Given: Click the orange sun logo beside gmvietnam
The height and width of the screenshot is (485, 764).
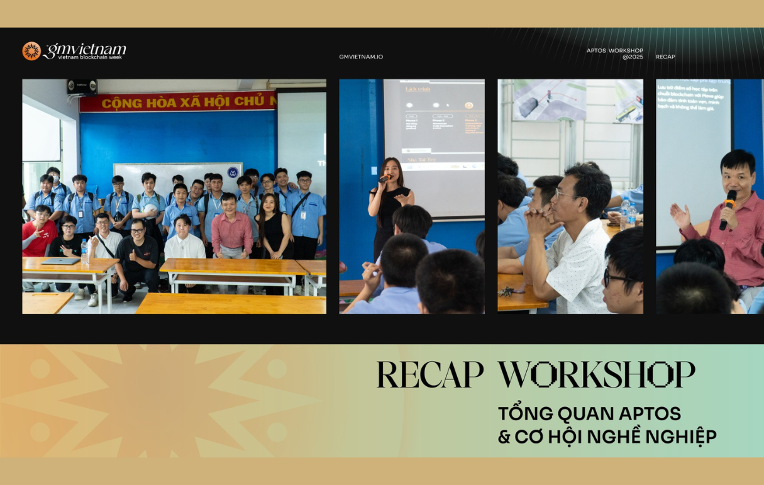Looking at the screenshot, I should click(x=31, y=51).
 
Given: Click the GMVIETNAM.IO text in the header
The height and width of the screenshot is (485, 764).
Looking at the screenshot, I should click(x=361, y=57).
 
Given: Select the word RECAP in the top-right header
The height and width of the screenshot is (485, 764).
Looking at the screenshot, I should click(x=665, y=57).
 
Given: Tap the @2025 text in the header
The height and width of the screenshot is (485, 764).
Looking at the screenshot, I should click(x=633, y=57).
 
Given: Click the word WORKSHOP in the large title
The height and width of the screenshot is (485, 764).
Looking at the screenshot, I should click(x=596, y=375).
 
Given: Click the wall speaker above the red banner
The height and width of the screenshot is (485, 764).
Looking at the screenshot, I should click(x=82, y=87).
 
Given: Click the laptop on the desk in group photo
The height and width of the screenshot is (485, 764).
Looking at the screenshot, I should click(x=61, y=261).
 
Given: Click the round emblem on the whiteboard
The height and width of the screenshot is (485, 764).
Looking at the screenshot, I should click(x=233, y=172).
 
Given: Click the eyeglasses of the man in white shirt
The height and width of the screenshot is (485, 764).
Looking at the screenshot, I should click(x=565, y=194).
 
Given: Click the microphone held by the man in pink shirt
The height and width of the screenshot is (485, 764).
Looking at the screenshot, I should click(x=728, y=208).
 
